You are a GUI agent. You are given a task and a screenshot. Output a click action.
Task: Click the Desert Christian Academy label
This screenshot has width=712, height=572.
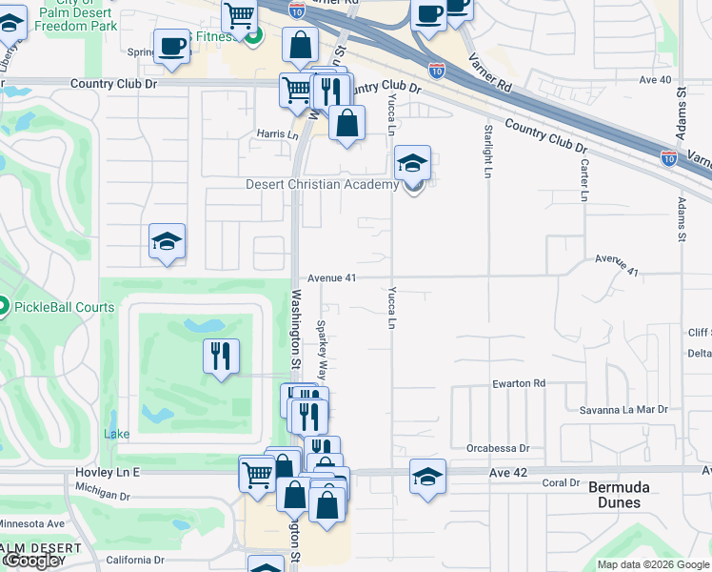coord(320,185)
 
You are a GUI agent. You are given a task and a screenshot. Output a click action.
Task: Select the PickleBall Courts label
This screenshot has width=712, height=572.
coord(63,307)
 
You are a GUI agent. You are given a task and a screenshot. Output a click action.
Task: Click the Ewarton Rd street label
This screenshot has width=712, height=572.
coord(519,383)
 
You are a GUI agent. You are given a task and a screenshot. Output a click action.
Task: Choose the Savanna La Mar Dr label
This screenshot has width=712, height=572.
coord(624,410)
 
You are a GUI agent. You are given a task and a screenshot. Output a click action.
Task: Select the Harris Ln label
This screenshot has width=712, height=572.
coord(277,134)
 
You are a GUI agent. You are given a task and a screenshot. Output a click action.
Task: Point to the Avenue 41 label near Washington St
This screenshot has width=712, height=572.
coord(330,277)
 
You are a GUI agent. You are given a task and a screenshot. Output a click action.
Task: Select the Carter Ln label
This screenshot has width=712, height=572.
coord(583,177)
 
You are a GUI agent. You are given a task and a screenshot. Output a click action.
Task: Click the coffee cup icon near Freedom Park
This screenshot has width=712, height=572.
coord(172,48)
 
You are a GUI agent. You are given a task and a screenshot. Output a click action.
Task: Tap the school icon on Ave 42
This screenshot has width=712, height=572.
coord(427,477)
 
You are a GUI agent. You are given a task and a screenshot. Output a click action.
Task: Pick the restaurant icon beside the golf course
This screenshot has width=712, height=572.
coord(221,357)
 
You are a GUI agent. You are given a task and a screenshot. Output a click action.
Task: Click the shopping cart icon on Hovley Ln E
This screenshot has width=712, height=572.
coord(257,474)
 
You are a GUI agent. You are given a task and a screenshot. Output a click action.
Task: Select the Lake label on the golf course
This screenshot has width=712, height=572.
coord(116,434)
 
